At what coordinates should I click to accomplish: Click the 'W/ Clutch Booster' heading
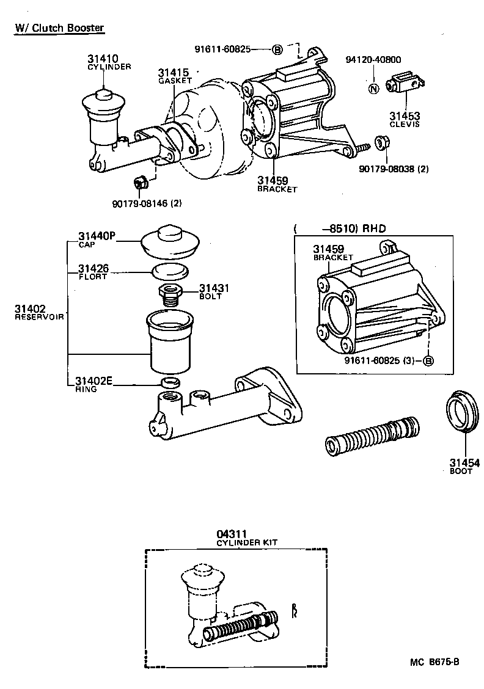[x=60, y=28]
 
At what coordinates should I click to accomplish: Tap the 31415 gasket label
[x=172, y=72]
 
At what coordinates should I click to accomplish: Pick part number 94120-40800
[x=373, y=60]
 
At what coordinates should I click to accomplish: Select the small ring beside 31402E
[x=169, y=382]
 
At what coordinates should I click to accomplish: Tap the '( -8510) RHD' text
[x=340, y=229]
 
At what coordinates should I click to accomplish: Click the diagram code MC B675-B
[x=435, y=661]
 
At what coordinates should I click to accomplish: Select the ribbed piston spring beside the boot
[x=372, y=435]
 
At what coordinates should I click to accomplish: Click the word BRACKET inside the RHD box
[x=333, y=258]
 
